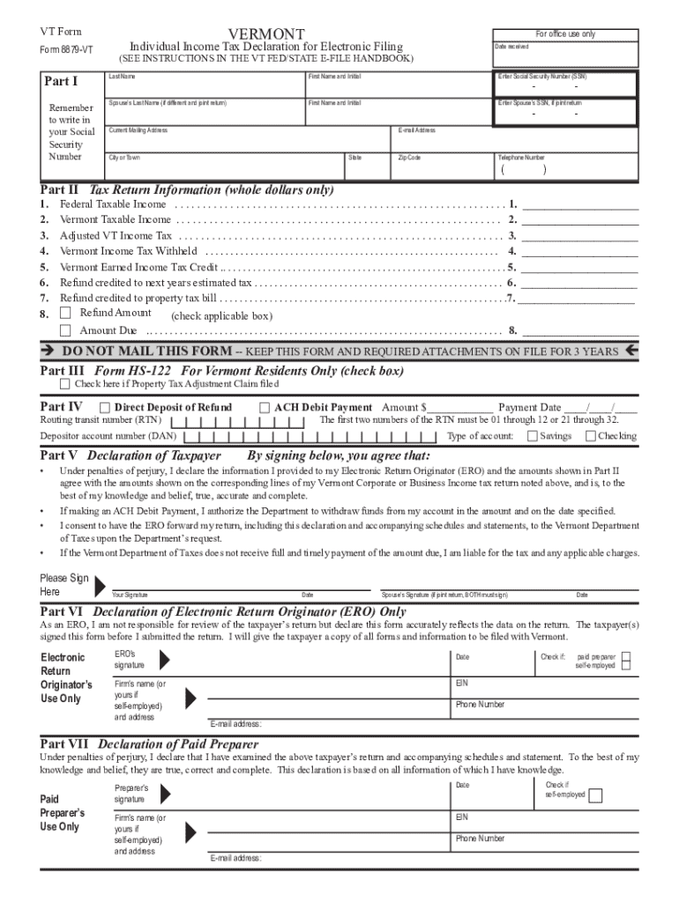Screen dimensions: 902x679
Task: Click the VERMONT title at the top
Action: [265, 32]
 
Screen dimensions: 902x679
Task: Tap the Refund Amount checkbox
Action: [65, 313]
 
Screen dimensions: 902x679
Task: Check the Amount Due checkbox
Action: [65, 330]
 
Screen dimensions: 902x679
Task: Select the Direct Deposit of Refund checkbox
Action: [105, 408]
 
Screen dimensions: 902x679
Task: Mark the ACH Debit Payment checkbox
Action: [265, 408]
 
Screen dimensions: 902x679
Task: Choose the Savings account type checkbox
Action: [532, 436]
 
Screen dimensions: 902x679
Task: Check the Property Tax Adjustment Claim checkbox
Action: [65, 384]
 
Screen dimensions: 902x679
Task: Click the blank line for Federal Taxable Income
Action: [579, 204]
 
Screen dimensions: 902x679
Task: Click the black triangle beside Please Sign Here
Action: [100, 585]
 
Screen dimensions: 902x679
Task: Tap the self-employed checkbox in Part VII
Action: [596, 796]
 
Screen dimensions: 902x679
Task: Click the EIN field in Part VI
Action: [544, 687]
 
